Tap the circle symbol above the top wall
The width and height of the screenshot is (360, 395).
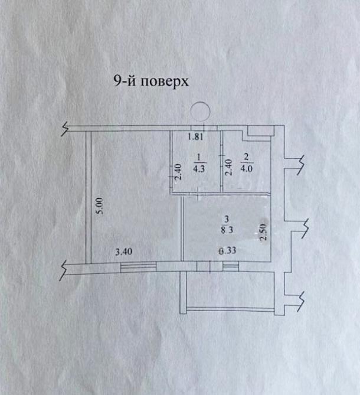coord(201,111)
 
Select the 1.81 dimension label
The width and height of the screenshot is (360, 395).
coord(196,138)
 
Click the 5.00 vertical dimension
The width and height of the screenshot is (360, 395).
coord(100,205)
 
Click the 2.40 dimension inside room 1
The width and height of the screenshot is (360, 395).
coord(176,172)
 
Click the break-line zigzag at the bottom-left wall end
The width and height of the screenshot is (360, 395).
coord(66,268)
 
